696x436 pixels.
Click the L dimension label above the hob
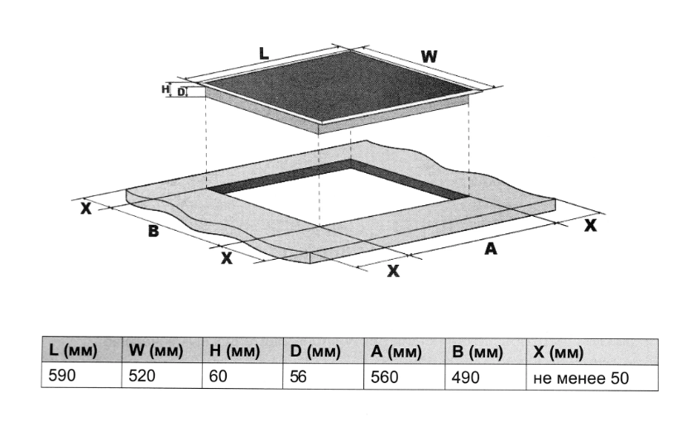click(264, 54)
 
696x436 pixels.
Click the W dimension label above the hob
click(430, 57)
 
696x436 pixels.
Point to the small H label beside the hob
click(166, 89)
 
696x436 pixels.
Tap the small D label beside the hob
click(181, 93)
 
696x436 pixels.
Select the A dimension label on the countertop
click(491, 249)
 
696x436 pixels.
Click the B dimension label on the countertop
click(153, 231)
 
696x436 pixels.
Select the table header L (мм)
click(73, 351)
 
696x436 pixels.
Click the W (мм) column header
click(156, 351)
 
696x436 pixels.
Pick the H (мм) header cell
click(234, 352)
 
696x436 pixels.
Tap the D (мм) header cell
click(315, 352)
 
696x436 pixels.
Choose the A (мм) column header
click(396, 352)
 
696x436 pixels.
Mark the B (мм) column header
click(478, 352)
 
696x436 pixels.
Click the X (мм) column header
click(559, 352)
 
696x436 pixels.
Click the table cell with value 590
click(62, 376)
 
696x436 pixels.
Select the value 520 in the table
click(142, 376)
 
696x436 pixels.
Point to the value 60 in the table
click(218, 376)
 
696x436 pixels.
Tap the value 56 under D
click(298, 377)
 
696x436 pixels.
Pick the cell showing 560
click(384, 377)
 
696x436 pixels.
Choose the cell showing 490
click(466, 378)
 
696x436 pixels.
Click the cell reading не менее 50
click(581, 378)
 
